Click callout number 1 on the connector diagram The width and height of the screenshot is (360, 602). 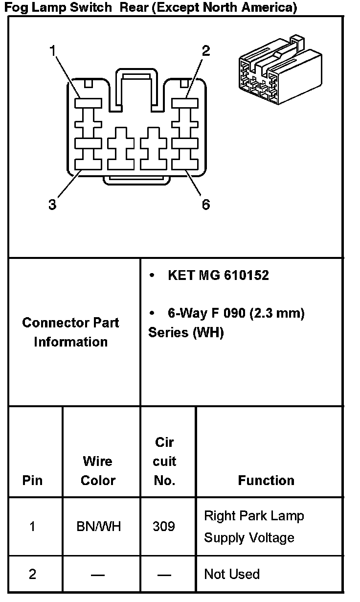pos(53,51)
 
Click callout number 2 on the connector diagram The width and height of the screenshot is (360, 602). pos(206,51)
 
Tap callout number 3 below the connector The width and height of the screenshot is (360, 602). pos(52,205)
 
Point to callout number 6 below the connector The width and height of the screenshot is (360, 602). pos(206,205)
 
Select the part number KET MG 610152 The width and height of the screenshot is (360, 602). pos(218,276)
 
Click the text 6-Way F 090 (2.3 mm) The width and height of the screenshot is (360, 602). pos(236,313)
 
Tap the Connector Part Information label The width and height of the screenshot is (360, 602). pos(71,332)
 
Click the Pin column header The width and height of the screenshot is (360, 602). pos(32,480)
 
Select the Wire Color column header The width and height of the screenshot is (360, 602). pos(98,470)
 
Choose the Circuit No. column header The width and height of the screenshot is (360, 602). pos(165,461)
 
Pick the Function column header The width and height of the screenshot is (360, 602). pos(266,480)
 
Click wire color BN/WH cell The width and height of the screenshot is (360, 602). pos(98,527)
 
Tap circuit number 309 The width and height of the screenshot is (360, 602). pos(164,527)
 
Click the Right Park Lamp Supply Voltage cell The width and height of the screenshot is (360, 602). pos(254,527)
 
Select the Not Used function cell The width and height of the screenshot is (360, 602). pos(232,574)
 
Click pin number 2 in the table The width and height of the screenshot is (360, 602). pos(32,574)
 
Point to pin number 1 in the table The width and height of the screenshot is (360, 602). pos(32,527)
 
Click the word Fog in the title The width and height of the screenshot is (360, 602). pos(14,8)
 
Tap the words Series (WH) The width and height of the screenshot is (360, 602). pos(186,333)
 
